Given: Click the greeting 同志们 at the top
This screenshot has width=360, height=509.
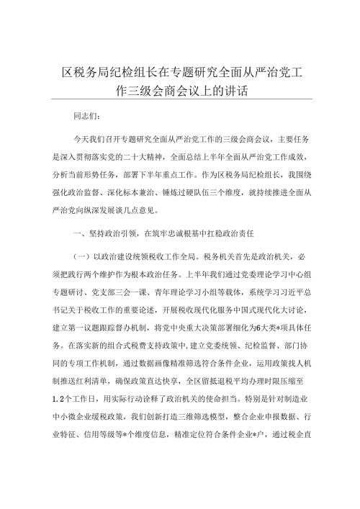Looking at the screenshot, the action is coord(89,114).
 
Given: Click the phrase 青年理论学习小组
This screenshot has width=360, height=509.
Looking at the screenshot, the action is coord(199,294).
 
